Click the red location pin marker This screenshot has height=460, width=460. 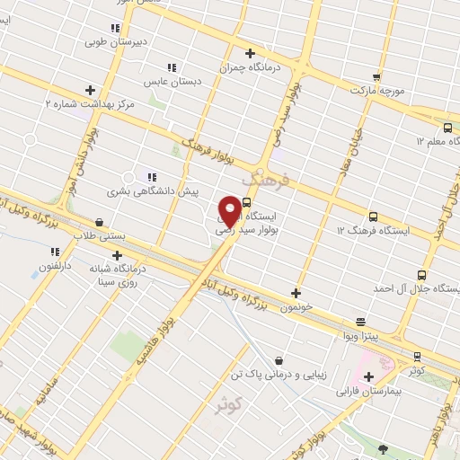(x=230, y=211)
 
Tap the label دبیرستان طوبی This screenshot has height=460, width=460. (x=108, y=41)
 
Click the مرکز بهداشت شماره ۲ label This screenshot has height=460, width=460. (x=90, y=104)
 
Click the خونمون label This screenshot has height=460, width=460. (x=295, y=306)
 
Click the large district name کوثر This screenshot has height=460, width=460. (x=231, y=405)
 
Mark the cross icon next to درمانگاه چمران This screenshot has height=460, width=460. (x=250, y=53)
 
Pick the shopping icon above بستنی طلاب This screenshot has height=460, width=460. (x=98, y=222)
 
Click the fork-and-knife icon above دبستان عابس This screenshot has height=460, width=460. (x=171, y=67)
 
